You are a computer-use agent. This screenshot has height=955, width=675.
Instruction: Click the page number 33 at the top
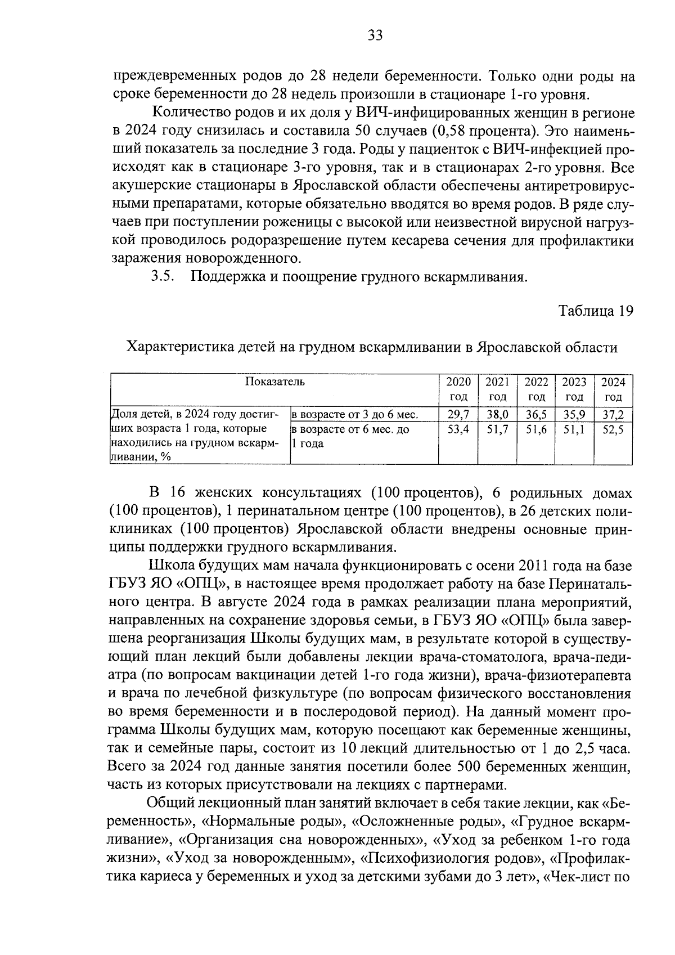pos(375,36)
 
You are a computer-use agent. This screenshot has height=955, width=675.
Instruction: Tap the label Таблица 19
pos(596,311)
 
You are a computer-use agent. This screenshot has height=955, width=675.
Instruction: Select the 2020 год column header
pos(458,389)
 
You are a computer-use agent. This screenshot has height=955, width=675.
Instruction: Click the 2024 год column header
pos(613,389)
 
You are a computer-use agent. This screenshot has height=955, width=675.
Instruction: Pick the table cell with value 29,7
pos(458,415)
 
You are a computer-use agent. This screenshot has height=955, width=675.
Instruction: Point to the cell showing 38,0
pos(497,415)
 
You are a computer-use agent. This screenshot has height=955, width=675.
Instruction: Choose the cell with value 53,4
pos(458,430)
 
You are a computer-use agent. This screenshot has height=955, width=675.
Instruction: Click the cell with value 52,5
pos(613,430)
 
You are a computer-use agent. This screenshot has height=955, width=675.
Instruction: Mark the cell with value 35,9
pos(574,415)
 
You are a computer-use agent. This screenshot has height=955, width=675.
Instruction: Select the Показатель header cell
pos(275,382)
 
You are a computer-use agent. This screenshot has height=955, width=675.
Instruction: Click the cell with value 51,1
pos(574,430)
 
